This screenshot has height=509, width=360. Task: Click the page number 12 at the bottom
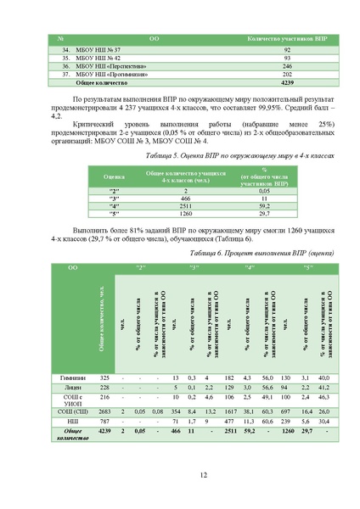pos(180,476)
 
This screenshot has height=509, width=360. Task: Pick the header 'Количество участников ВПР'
pos(287,40)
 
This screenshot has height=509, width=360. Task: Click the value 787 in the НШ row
pos(105,421)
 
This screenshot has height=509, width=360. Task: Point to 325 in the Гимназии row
pos(105,377)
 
